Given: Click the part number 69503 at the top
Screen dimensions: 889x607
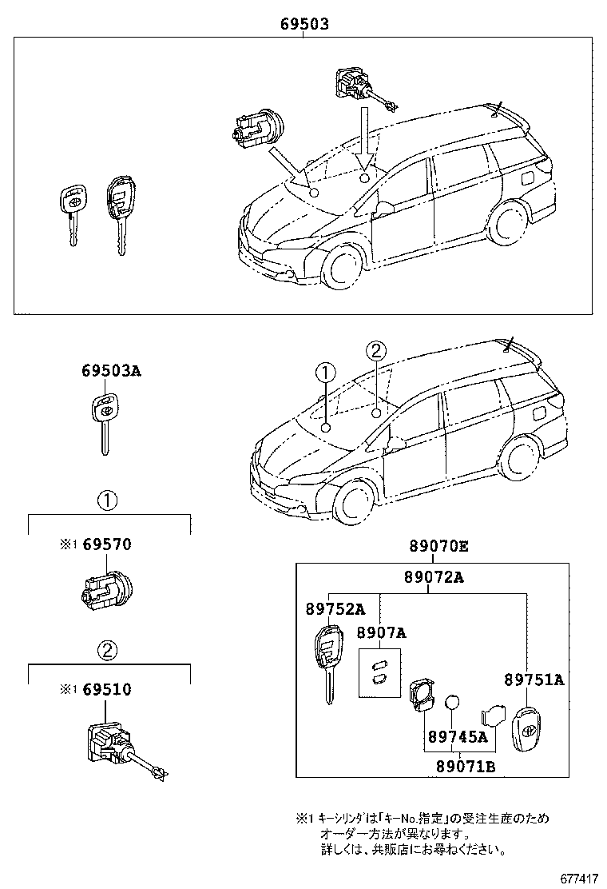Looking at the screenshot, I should (x=304, y=25).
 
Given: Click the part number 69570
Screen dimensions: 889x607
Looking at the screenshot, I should (x=107, y=544).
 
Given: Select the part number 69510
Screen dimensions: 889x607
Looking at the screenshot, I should (x=107, y=689).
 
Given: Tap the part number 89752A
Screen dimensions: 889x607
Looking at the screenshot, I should (x=335, y=609).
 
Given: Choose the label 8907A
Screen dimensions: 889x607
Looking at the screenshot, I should (x=381, y=633).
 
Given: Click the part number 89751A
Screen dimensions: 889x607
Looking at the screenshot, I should (x=534, y=680).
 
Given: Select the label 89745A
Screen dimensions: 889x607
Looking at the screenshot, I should (x=457, y=736).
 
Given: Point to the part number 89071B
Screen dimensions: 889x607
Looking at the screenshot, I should (x=466, y=767).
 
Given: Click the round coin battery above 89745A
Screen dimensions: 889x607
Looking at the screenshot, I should (x=453, y=702).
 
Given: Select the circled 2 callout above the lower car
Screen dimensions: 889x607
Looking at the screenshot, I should (x=376, y=350).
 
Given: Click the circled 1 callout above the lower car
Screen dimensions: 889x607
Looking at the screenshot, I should (x=325, y=372).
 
